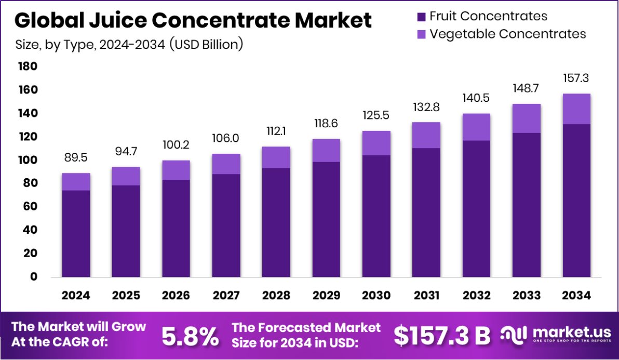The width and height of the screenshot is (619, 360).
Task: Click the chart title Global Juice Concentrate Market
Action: coord(193,21)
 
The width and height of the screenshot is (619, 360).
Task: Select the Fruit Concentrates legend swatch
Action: coord(421,17)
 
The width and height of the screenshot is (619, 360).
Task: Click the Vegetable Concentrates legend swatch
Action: coord(421,34)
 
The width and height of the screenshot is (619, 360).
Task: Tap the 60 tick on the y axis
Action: coord(30,206)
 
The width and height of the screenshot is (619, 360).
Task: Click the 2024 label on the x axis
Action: coord(76,296)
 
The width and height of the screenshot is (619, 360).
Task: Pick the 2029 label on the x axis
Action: coord(326,296)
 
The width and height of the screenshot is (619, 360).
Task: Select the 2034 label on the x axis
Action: coord(576,296)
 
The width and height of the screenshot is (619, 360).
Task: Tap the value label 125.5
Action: coord(376,115)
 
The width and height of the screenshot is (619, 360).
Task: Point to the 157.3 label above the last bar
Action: coord(576,78)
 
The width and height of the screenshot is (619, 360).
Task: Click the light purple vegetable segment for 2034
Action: coord(576,109)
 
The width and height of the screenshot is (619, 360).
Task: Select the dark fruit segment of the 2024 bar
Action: coord(76,234)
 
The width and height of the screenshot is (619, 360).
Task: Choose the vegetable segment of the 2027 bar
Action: coord(226,164)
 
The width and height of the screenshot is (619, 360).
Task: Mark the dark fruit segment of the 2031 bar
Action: coord(426,213)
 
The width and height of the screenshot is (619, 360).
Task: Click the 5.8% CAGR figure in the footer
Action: coord(190,336)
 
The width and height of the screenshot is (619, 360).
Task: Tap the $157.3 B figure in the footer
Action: coord(442,336)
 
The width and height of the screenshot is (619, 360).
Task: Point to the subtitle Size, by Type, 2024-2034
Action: coord(129,44)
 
